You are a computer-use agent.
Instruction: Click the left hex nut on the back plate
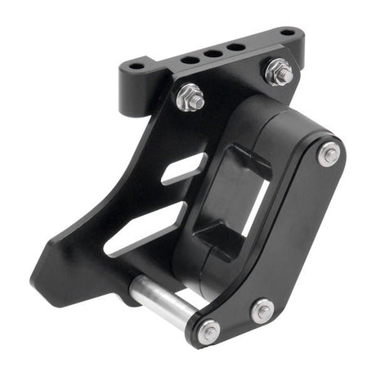(x=190, y=98)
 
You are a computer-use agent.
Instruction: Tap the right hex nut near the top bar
(x=278, y=72)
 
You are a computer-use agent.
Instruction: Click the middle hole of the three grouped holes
(x=213, y=53)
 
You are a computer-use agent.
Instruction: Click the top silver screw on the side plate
(x=329, y=154)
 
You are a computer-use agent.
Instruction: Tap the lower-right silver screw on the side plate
(x=262, y=310)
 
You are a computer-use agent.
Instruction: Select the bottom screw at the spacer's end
(x=208, y=331)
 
